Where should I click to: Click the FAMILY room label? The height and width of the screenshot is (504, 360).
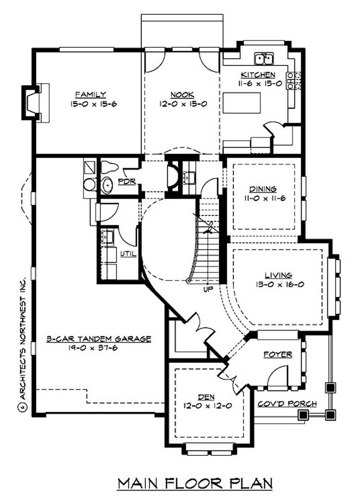tap(90, 94)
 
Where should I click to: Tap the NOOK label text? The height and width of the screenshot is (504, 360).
tap(182, 94)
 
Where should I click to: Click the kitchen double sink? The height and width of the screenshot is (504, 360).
tap(264, 59)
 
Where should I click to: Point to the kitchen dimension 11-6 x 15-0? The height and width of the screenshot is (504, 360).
tap(258, 83)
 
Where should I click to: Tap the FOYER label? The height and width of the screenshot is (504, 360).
tap(278, 354)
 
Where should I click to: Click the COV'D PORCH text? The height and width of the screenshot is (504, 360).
tap(287, 404)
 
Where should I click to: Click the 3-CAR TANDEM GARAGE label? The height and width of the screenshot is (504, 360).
tap(99, 339)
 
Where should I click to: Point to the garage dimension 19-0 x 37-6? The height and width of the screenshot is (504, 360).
tap(99, 348)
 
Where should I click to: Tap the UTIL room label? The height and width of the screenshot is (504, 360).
tap(128, 254)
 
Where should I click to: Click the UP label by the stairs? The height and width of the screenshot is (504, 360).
tap(207, 288)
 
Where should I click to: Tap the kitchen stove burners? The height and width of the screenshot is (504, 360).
tap(293, 80)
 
